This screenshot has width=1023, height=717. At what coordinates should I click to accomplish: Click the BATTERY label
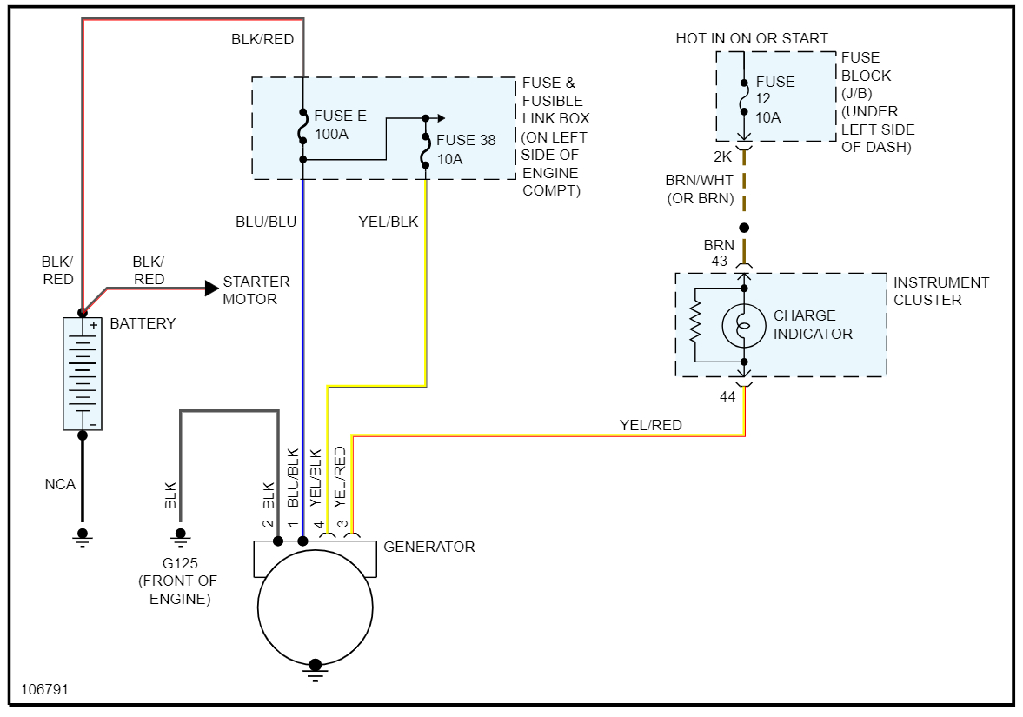pos(143,323)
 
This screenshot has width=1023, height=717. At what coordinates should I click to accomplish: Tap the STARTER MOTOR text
pos(256,290)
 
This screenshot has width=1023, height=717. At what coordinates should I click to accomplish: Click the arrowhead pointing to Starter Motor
pos(210,288)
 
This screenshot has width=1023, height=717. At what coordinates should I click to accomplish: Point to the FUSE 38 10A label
pos(465,149)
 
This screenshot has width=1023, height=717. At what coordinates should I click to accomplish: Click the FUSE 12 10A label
pos(774,99)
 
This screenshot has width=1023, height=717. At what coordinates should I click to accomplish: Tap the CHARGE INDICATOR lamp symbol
pos(744,324)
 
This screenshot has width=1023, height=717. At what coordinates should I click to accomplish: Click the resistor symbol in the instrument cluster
pos(694,323)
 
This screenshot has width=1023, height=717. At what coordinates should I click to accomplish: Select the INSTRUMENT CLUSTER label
pos(940,291)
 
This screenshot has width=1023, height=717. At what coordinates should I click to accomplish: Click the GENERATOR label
pos(428,547)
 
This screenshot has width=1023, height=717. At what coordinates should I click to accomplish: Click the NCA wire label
pos(60,484)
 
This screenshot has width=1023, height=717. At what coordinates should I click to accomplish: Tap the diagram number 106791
pos(44,689)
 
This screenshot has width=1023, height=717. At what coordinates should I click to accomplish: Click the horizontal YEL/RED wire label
pos(650,425)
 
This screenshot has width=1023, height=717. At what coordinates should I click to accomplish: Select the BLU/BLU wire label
pos(266,222)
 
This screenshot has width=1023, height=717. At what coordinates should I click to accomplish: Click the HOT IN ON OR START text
pos(752,38)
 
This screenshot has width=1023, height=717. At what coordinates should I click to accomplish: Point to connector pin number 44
pos(728,396)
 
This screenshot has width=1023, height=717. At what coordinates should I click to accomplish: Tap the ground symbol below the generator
pos(315,667)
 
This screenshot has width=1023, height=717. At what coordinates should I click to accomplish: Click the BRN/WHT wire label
pos(699,180)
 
